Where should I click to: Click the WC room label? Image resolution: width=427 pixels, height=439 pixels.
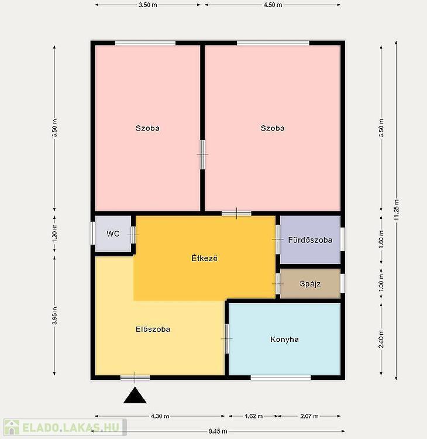(113, 234)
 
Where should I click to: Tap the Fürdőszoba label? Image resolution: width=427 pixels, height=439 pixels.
(311, 240)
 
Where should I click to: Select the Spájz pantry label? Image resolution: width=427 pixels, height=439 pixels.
(311, 284)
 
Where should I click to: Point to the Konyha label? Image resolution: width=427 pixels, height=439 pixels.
(284, 339)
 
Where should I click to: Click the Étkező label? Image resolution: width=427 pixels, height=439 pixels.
(205, 258)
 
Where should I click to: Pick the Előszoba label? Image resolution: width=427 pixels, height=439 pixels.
(153, 329)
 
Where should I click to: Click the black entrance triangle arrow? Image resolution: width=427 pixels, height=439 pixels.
(135, 395)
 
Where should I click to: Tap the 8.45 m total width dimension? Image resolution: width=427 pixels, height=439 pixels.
(218, 431)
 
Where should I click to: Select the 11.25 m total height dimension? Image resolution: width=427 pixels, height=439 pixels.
(397, 210)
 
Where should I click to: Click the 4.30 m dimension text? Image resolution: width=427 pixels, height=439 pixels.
(160, 416)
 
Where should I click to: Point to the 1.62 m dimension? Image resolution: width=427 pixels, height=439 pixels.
(253, 416)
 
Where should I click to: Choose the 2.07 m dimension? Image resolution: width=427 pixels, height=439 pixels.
(309, 416)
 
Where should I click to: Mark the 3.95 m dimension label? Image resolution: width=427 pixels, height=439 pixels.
(54, 316)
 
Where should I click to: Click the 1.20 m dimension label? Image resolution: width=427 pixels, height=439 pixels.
(54, 233)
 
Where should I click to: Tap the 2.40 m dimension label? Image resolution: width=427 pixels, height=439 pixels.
(381, 339)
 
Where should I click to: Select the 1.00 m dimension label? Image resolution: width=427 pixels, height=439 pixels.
(381, 283)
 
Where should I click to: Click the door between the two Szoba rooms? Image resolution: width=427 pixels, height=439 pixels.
(202, 155)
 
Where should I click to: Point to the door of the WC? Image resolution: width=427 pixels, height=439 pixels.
(133, 235)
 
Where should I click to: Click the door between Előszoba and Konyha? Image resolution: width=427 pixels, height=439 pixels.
(226, 339)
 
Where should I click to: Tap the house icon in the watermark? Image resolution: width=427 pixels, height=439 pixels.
(12, 427)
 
